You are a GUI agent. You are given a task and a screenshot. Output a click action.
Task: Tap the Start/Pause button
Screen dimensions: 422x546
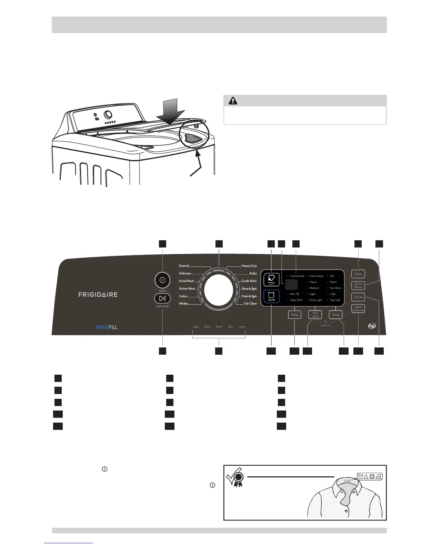coord(162,299)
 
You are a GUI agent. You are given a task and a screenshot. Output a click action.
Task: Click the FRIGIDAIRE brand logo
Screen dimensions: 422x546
coord(98,295)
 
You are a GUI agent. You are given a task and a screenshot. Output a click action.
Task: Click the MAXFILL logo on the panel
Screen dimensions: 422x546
coord(107,327)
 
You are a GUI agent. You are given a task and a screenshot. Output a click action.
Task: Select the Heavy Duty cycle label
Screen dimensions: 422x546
coord(249,266)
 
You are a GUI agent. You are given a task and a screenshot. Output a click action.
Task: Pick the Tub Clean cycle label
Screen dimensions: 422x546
coord(250,304)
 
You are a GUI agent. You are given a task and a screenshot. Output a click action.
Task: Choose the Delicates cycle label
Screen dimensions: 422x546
coord(185,273)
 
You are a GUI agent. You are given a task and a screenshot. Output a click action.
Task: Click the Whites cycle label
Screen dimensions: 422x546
coord(183,304)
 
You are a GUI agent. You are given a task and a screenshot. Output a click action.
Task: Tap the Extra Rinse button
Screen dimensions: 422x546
coord(358,285)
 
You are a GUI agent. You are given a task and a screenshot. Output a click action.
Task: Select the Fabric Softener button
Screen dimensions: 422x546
coord(358,309)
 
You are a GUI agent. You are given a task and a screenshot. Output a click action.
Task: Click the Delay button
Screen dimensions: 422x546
coord(294,315)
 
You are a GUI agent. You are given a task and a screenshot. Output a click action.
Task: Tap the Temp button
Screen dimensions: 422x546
coord(335,315)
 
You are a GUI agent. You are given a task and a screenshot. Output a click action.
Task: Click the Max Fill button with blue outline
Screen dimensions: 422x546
coord(271,296)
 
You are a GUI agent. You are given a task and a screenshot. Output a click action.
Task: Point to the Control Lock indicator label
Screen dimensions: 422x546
coord(297,276)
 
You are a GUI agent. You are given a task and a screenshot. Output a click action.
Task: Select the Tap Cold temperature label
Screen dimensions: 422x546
coord(335,300)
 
